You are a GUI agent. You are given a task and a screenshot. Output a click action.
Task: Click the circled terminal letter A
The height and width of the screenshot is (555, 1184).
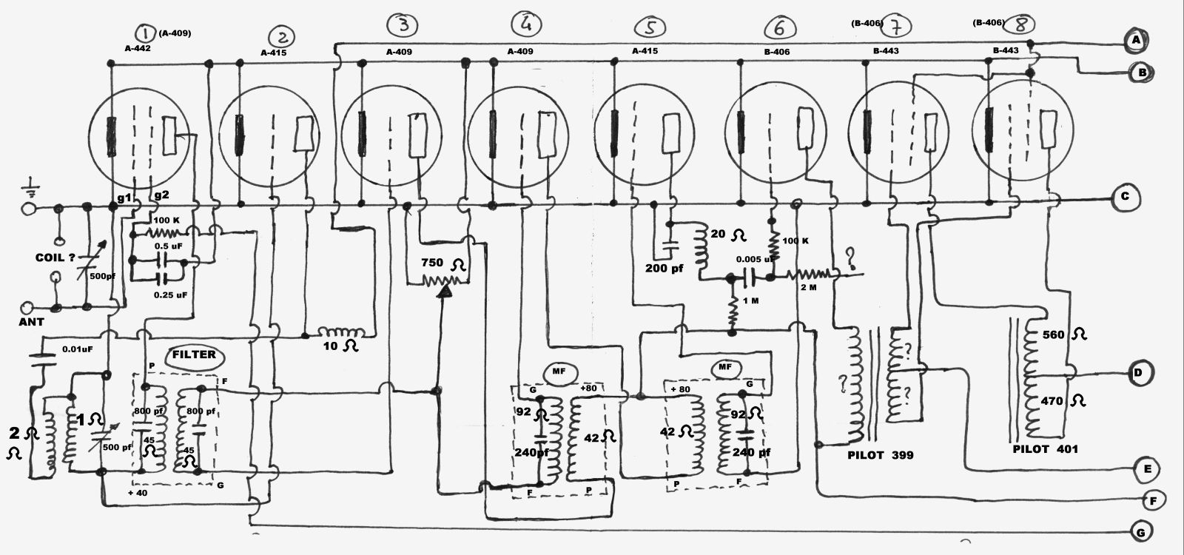click(1134, 40)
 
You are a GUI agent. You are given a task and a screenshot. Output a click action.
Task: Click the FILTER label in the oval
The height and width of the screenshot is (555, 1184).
click(194, 354)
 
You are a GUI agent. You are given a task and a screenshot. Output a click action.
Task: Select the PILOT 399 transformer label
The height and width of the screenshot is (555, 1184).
click(880, 455)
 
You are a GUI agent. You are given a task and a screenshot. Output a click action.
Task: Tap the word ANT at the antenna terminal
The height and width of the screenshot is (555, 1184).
click(31, 322)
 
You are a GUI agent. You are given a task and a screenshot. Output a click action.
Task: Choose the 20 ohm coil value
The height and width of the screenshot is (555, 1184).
click(727, 235)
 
